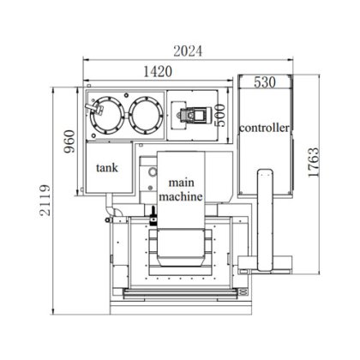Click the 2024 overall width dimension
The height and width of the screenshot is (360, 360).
coord(188,51)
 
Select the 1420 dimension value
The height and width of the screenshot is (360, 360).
coord(158,71)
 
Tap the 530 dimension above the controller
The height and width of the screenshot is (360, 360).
coord(265,82)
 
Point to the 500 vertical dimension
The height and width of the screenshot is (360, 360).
coord(220,116)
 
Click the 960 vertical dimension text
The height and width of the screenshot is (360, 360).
coord(69,141)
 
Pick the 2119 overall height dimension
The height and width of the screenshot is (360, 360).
coord(45,200)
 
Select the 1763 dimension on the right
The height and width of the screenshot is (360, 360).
coord(314,163)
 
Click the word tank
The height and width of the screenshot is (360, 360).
coord(107,168)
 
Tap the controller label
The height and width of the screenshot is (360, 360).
coord(264,128)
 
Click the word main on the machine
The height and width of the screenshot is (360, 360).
coord(182,183)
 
